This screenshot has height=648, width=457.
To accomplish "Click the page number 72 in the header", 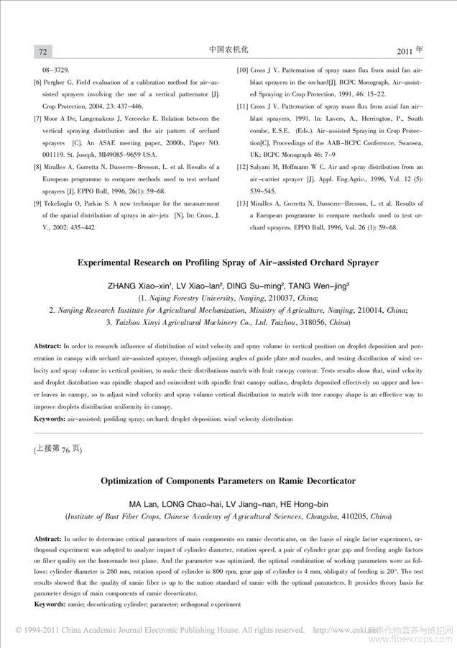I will (x=42, y=52).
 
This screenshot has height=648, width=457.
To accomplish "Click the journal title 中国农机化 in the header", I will (x=228, y=50).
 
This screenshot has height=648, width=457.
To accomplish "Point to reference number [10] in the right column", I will (x=243, y=71).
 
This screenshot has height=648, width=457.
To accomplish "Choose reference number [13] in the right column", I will (x=243, y=204).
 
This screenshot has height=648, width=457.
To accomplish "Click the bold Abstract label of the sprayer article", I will (x=47, y=347).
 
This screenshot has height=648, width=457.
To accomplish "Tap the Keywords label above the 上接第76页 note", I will (x=50, y=418).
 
